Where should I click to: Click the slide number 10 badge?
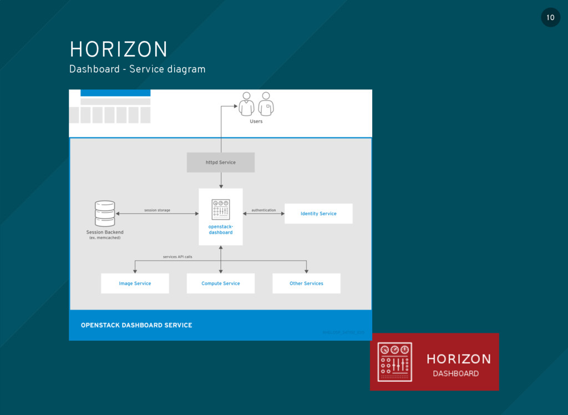[x=550, y=18]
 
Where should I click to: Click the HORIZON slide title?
[x=118, y=49]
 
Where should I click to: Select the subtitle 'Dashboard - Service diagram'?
[x=137, y=69]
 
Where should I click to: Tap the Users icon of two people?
[x=256, y=104]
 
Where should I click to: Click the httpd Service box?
[x=221, y=162]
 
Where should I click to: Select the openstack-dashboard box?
[x=221, y=217]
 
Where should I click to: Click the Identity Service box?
[x=318, y=213]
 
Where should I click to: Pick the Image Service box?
[x=135, y=283]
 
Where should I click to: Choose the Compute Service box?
[x=221, y=283]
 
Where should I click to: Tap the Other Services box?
[x=306, y=283]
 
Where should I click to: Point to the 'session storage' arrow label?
[x=157, y=211]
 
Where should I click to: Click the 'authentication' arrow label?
[x=263, y=211]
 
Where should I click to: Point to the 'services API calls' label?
[x=177, y=257]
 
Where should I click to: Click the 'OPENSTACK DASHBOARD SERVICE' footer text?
[x=136, y=325]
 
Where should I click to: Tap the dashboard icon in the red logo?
[x=394, y=362]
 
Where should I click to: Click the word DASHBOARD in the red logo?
[x=455, y=373]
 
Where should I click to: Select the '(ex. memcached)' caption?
[x=105, y=238]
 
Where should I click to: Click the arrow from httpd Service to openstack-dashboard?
[x=221, y=180]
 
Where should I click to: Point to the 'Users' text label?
[x=256, y=121]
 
